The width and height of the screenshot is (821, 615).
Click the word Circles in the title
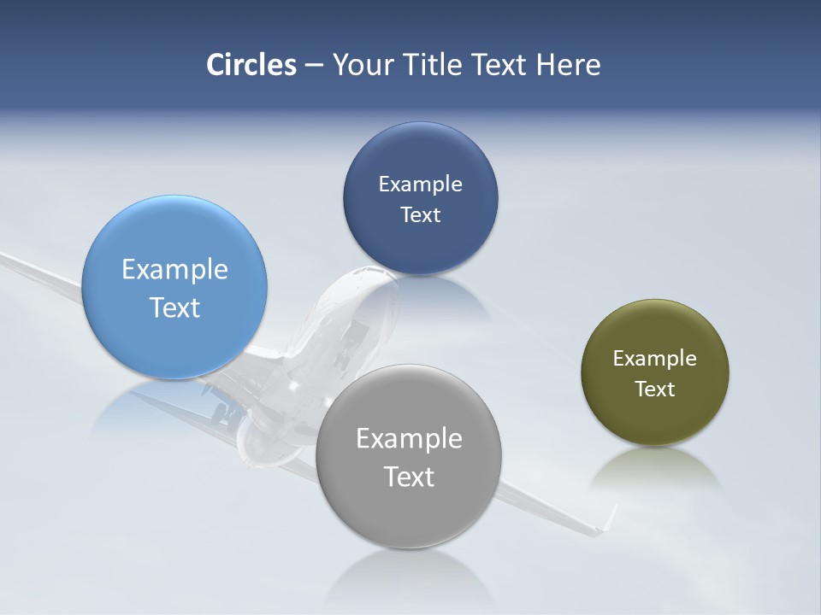pos(251,65)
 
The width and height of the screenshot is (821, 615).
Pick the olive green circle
pos(655,419)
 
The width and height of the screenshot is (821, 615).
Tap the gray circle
pos(408,512)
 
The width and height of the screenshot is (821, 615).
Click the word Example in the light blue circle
pos(174,270)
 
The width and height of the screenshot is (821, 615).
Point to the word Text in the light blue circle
pos(174,307)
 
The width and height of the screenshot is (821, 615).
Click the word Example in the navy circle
pos(420,184)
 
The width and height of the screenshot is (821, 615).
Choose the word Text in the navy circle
pos(420,215)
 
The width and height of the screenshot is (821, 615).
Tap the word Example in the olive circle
pos(655,359)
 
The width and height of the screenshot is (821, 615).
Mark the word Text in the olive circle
pos(655,389)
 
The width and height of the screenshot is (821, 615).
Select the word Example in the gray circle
pos(409,439)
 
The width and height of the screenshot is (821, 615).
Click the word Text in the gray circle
pos(409,477)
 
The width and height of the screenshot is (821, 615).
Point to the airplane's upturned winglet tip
pos(611,515)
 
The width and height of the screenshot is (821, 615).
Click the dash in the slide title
pos(314,65)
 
